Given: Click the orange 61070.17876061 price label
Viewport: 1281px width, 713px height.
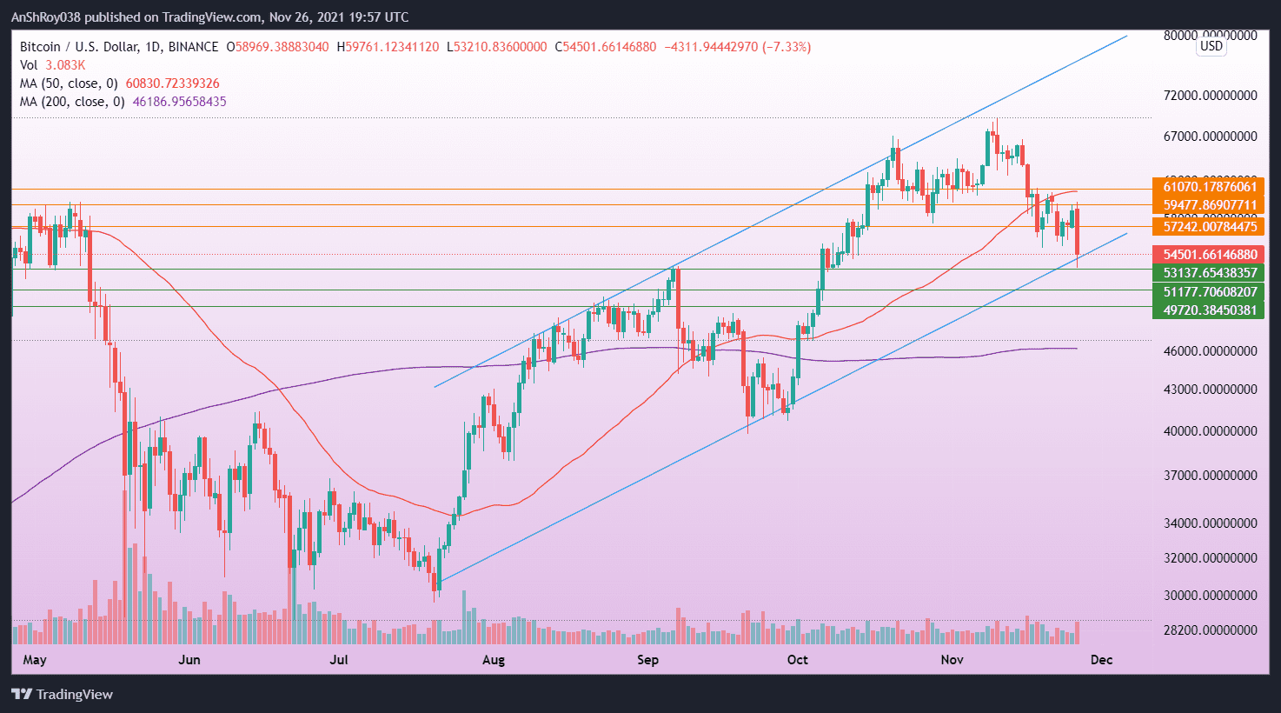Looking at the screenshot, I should [1209, 187].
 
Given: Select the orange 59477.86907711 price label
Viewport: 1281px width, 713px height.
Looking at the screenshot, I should [1209, 206].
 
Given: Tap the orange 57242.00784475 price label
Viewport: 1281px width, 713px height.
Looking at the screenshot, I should [1209, 227].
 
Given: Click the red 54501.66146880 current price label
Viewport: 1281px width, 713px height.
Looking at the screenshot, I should [1209, 255].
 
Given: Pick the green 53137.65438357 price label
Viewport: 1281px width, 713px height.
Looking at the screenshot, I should [1209, 273].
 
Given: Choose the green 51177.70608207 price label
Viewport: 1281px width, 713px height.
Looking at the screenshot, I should [1209, 292].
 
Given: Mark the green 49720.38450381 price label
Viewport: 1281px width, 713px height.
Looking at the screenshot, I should [1209, 310].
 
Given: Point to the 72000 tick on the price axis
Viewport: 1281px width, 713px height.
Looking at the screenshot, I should [1210, 95].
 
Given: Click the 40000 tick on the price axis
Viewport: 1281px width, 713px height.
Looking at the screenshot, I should [1210, 431].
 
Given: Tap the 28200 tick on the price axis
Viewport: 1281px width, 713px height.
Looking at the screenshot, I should [1210, 630].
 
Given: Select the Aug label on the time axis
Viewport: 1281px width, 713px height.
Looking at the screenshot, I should [493, 660].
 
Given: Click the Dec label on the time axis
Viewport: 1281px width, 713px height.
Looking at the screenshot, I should [1101, 660].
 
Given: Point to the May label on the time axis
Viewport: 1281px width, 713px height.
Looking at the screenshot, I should [35, 660].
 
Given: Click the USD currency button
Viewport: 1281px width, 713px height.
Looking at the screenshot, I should [1211, 46].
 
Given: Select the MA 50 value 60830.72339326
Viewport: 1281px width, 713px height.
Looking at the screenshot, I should [173, 83].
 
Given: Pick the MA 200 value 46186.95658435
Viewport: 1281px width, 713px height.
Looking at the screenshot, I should [179, 102].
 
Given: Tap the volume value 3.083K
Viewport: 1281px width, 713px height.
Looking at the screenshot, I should [65, 65].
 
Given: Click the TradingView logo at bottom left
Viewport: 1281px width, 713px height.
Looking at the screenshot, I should [62, 694].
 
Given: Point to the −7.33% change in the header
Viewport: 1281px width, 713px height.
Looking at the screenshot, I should [786, 47].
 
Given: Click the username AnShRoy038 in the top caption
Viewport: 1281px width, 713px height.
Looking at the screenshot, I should [46, 17].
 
